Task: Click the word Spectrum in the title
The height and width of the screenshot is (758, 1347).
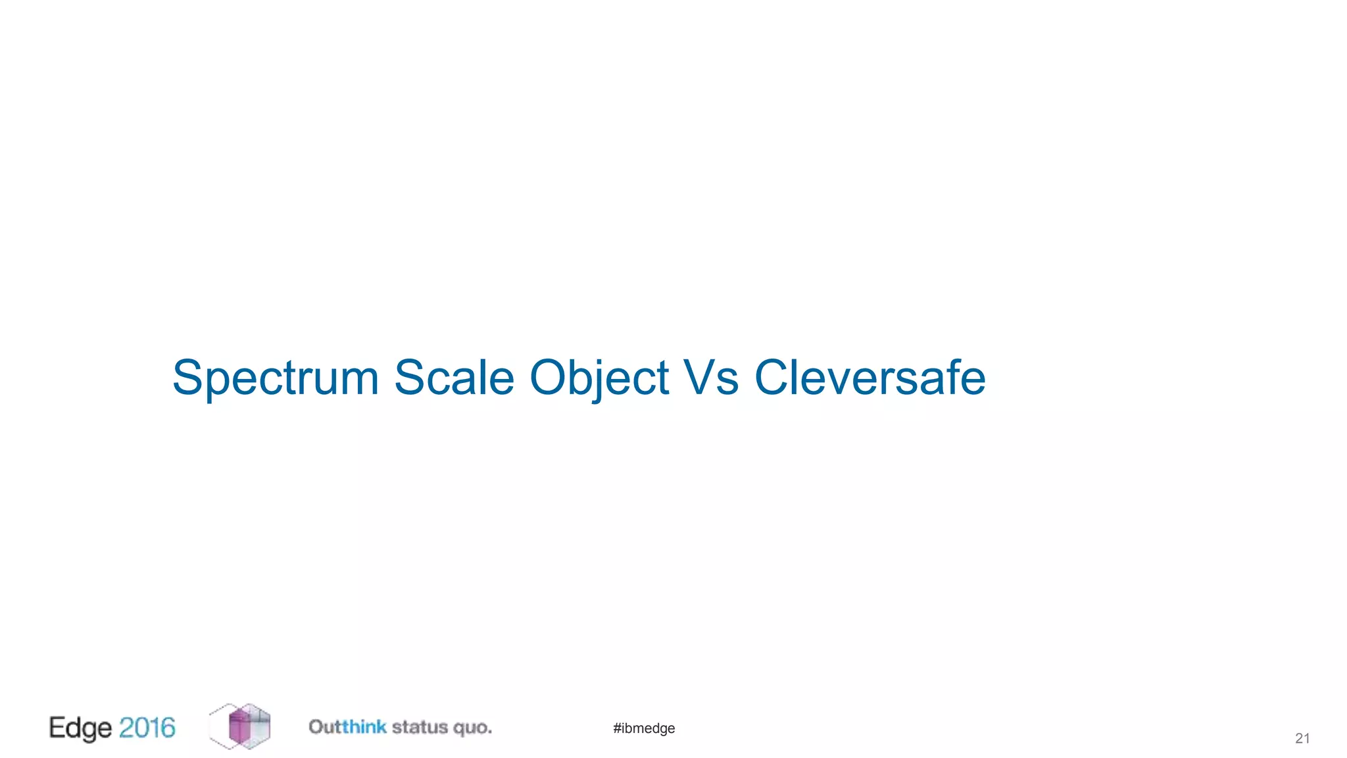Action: (x=276, y=378)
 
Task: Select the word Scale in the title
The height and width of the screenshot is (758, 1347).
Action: (x=454, y=378)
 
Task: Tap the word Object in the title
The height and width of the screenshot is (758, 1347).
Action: (x=599, y=378)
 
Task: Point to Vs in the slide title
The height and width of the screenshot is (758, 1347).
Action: (x=711, y=378)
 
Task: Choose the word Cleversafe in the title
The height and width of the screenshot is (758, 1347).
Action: (x=869, y=378)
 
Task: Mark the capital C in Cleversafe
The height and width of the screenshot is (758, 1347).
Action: (x=770, y=378)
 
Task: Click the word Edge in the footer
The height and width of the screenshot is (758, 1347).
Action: (x=80, y=728)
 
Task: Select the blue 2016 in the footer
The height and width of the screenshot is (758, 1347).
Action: (x=147, y=728)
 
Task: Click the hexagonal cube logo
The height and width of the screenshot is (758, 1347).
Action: (x=240, y=726)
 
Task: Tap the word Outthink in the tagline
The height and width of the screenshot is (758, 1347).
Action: (x=347, y=727)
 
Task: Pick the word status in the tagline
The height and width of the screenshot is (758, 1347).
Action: (x=420, y=727)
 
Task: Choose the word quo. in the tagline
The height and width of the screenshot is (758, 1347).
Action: (x=472, y=728)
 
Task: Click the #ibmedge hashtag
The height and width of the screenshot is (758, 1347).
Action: (x=644, y=728)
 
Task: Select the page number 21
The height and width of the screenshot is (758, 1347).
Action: (x=1302, y=738)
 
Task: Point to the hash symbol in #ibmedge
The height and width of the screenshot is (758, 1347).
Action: (x=617, y=728)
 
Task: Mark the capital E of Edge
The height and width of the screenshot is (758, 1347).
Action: (x=57, y=727)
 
